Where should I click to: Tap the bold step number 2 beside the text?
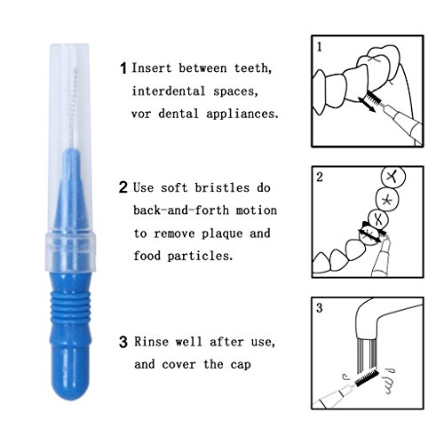coord(123,188)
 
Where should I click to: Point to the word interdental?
coord(170,91)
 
